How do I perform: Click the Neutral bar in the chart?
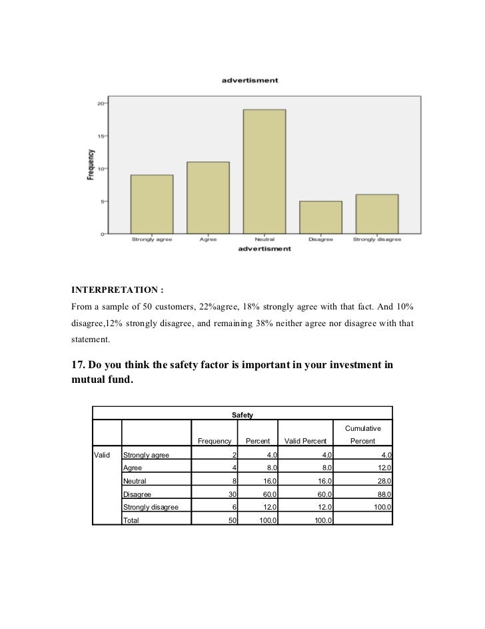pyautogui.click(x=264, y=171)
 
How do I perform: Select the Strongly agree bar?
pyautogui.click(x=151, y=204)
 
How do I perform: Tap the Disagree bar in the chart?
pyautogui.click(x=320, y=217)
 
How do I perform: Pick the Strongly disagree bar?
pyautogui.click(x=376, y=214)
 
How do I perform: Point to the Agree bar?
pyautogui.click(x=208, y=197)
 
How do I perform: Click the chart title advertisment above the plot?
pyautogui.click(x=249, y=81)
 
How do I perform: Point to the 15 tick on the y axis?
pyautogui.click(x=100, y=136)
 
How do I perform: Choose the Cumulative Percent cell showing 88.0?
pyautogui.click(x=381, y=494)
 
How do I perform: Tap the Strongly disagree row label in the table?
pyautogui.click(x=151, y=507)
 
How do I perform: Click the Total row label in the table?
pyautogui.click(x=133, y=520)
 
